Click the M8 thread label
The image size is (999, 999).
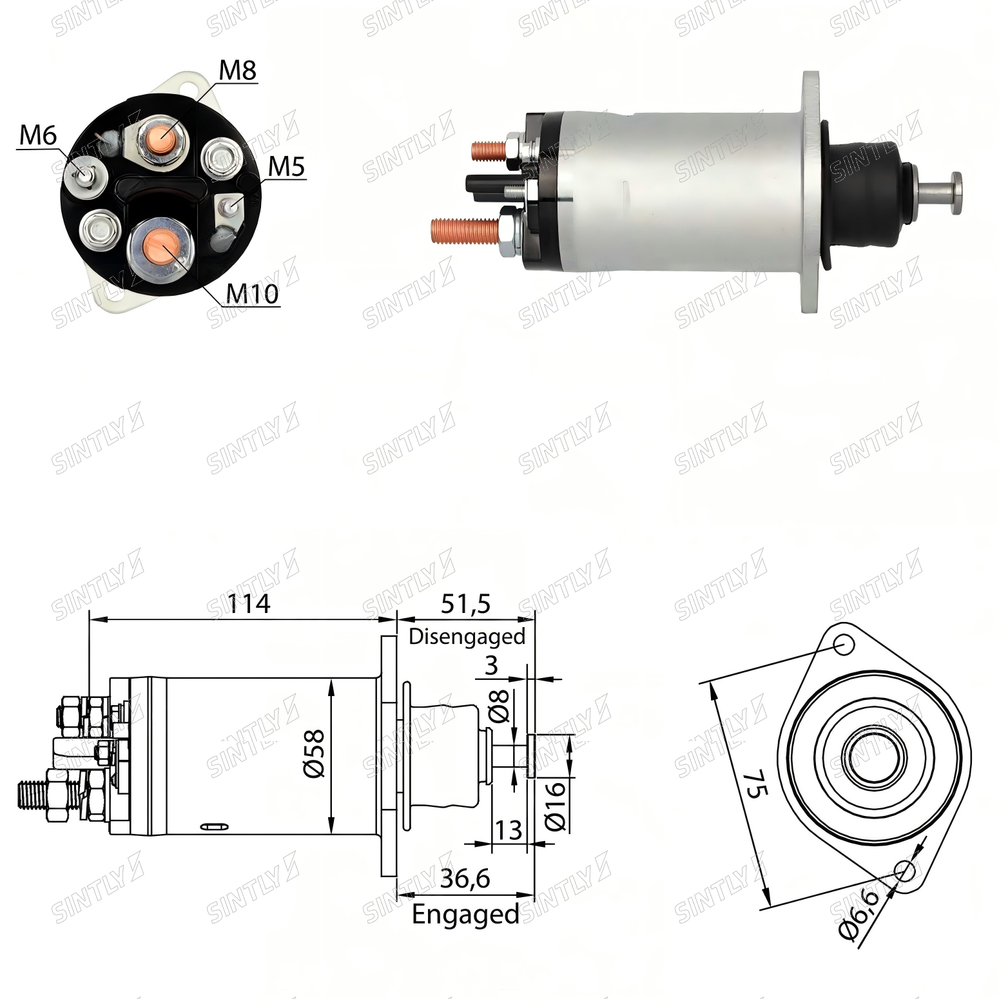(238, 70)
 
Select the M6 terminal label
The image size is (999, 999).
(38, 135)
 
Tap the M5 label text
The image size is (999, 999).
(286, 167)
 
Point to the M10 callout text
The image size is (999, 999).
(252, 294)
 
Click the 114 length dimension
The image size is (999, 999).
(249, 604)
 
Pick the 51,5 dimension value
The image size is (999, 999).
(465, 604)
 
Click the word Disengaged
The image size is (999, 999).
(467, 637)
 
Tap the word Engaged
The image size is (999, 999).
(465, 915)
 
